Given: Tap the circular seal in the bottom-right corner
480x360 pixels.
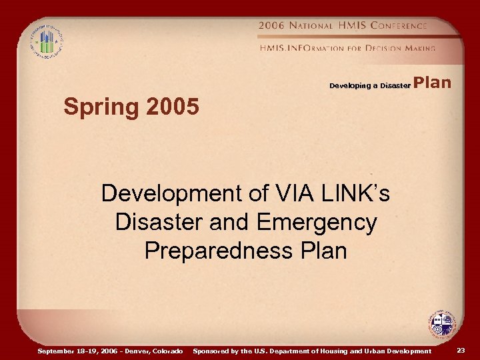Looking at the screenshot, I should pos(442,325).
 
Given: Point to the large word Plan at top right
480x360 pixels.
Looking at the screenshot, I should pos(433,83).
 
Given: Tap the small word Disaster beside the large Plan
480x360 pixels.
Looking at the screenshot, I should pos(395,86).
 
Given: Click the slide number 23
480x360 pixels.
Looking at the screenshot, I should pos(461,350).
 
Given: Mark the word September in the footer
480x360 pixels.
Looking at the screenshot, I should pos(57,351).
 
